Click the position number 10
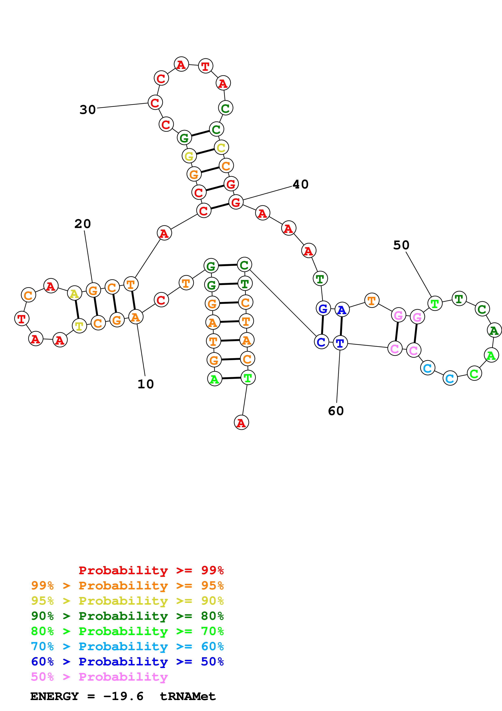tap(146, 384)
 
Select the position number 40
tap(300, 184)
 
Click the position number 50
tap(401, 245)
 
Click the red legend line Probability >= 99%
tap(151, 570)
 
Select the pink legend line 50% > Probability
tap(99, 676)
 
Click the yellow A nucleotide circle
tap(74, 293)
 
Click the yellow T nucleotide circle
tap(79, 326)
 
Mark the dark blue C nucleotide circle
tap(321, 342)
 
